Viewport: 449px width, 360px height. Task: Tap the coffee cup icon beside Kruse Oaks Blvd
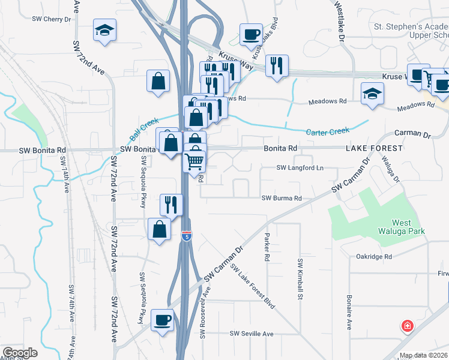251,34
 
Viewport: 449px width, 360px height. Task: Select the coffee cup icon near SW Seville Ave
161,320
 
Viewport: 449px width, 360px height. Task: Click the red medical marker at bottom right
408,326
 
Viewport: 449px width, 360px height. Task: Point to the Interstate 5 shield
187,236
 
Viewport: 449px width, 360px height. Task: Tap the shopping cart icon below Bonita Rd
194,161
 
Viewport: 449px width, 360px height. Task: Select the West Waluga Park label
409,226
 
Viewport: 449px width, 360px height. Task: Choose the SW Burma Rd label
281,198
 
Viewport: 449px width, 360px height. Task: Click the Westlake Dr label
340,24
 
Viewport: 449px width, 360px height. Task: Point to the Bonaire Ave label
349,312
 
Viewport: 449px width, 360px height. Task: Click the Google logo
19,353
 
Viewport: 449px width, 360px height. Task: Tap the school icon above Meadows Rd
372,94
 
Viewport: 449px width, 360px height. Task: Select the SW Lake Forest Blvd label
252,287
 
